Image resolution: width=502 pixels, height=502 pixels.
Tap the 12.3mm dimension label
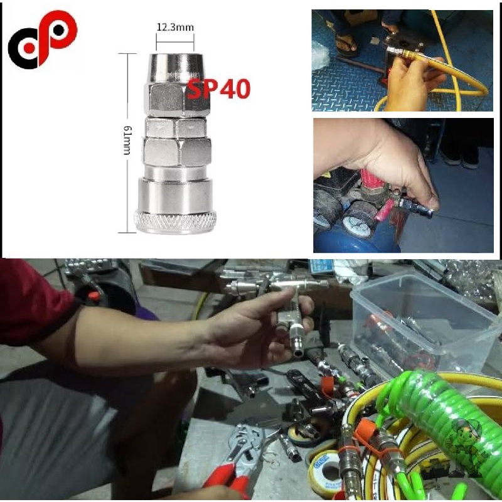point(175,27)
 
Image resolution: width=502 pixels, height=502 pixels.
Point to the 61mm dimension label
point(127,141)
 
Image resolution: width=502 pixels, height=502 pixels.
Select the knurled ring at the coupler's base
point(175,222)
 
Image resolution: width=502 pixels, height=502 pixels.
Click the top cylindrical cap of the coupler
point(175,68)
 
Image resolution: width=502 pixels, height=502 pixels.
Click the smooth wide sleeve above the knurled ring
point(175,195)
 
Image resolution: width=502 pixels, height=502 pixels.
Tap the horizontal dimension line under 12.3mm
point(175,41)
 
